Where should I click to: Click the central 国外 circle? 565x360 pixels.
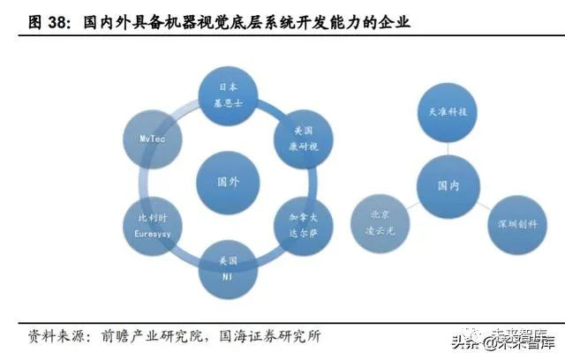(228, 181)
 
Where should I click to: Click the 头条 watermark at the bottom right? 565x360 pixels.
(465, 341)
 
